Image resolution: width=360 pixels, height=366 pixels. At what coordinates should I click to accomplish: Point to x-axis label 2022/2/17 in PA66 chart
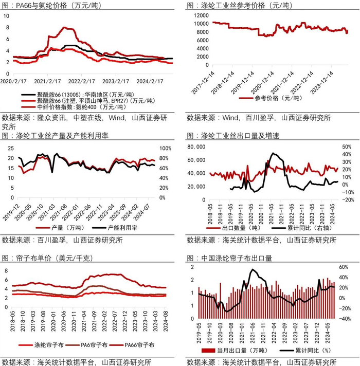click(x=82, y=81)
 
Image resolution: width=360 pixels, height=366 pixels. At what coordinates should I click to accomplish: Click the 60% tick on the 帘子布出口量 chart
click(x=343, y=267)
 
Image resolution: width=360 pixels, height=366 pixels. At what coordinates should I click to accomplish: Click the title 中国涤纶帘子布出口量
click(x=242, y=258)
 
